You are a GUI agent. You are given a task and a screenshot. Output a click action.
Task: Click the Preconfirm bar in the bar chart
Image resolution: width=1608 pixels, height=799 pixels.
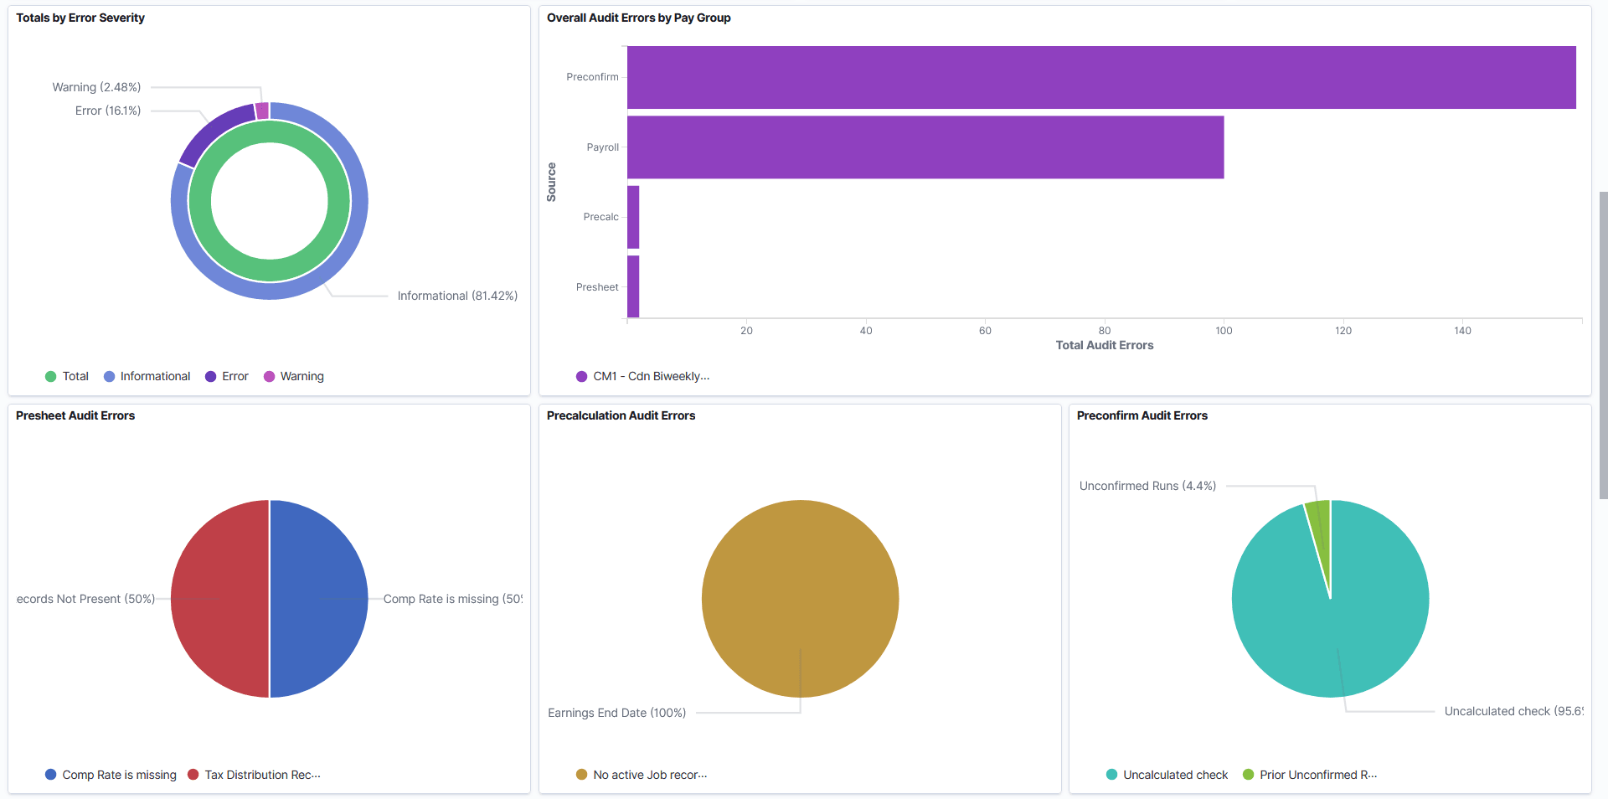pos(1100,77)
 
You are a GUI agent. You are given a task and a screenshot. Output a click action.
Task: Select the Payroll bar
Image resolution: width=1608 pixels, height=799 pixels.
pos(925,147)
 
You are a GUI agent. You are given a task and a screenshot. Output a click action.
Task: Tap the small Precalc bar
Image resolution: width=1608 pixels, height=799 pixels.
pos(633,217)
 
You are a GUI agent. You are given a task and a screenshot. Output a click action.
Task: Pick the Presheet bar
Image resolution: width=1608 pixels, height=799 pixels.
pos(633,286)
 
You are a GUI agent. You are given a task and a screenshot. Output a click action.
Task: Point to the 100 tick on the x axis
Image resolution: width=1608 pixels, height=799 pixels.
pos(1224,331)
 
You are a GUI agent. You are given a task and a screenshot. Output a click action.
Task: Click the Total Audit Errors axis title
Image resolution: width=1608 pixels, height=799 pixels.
pos(1104,345)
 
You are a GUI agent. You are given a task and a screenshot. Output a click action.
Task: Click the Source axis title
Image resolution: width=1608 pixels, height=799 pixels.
pos(551,182)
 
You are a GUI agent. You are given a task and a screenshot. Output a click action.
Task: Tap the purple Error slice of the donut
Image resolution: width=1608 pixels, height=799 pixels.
pos(213,131)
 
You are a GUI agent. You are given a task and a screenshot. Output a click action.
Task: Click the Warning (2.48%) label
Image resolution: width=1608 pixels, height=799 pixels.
pos(96,87)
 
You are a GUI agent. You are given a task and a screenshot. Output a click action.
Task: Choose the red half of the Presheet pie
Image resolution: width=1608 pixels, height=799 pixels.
pos(219,599)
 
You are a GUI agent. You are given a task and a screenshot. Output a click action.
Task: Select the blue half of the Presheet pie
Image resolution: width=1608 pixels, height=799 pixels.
pos(319,599)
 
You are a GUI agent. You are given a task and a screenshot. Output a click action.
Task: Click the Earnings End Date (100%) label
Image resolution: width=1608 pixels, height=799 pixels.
pos(616,713)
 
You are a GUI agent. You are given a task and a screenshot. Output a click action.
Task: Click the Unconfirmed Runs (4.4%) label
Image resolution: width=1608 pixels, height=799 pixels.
pos(1147,486)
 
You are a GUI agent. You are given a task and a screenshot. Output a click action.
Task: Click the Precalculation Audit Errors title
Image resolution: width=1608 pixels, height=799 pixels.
pos(621,415)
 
